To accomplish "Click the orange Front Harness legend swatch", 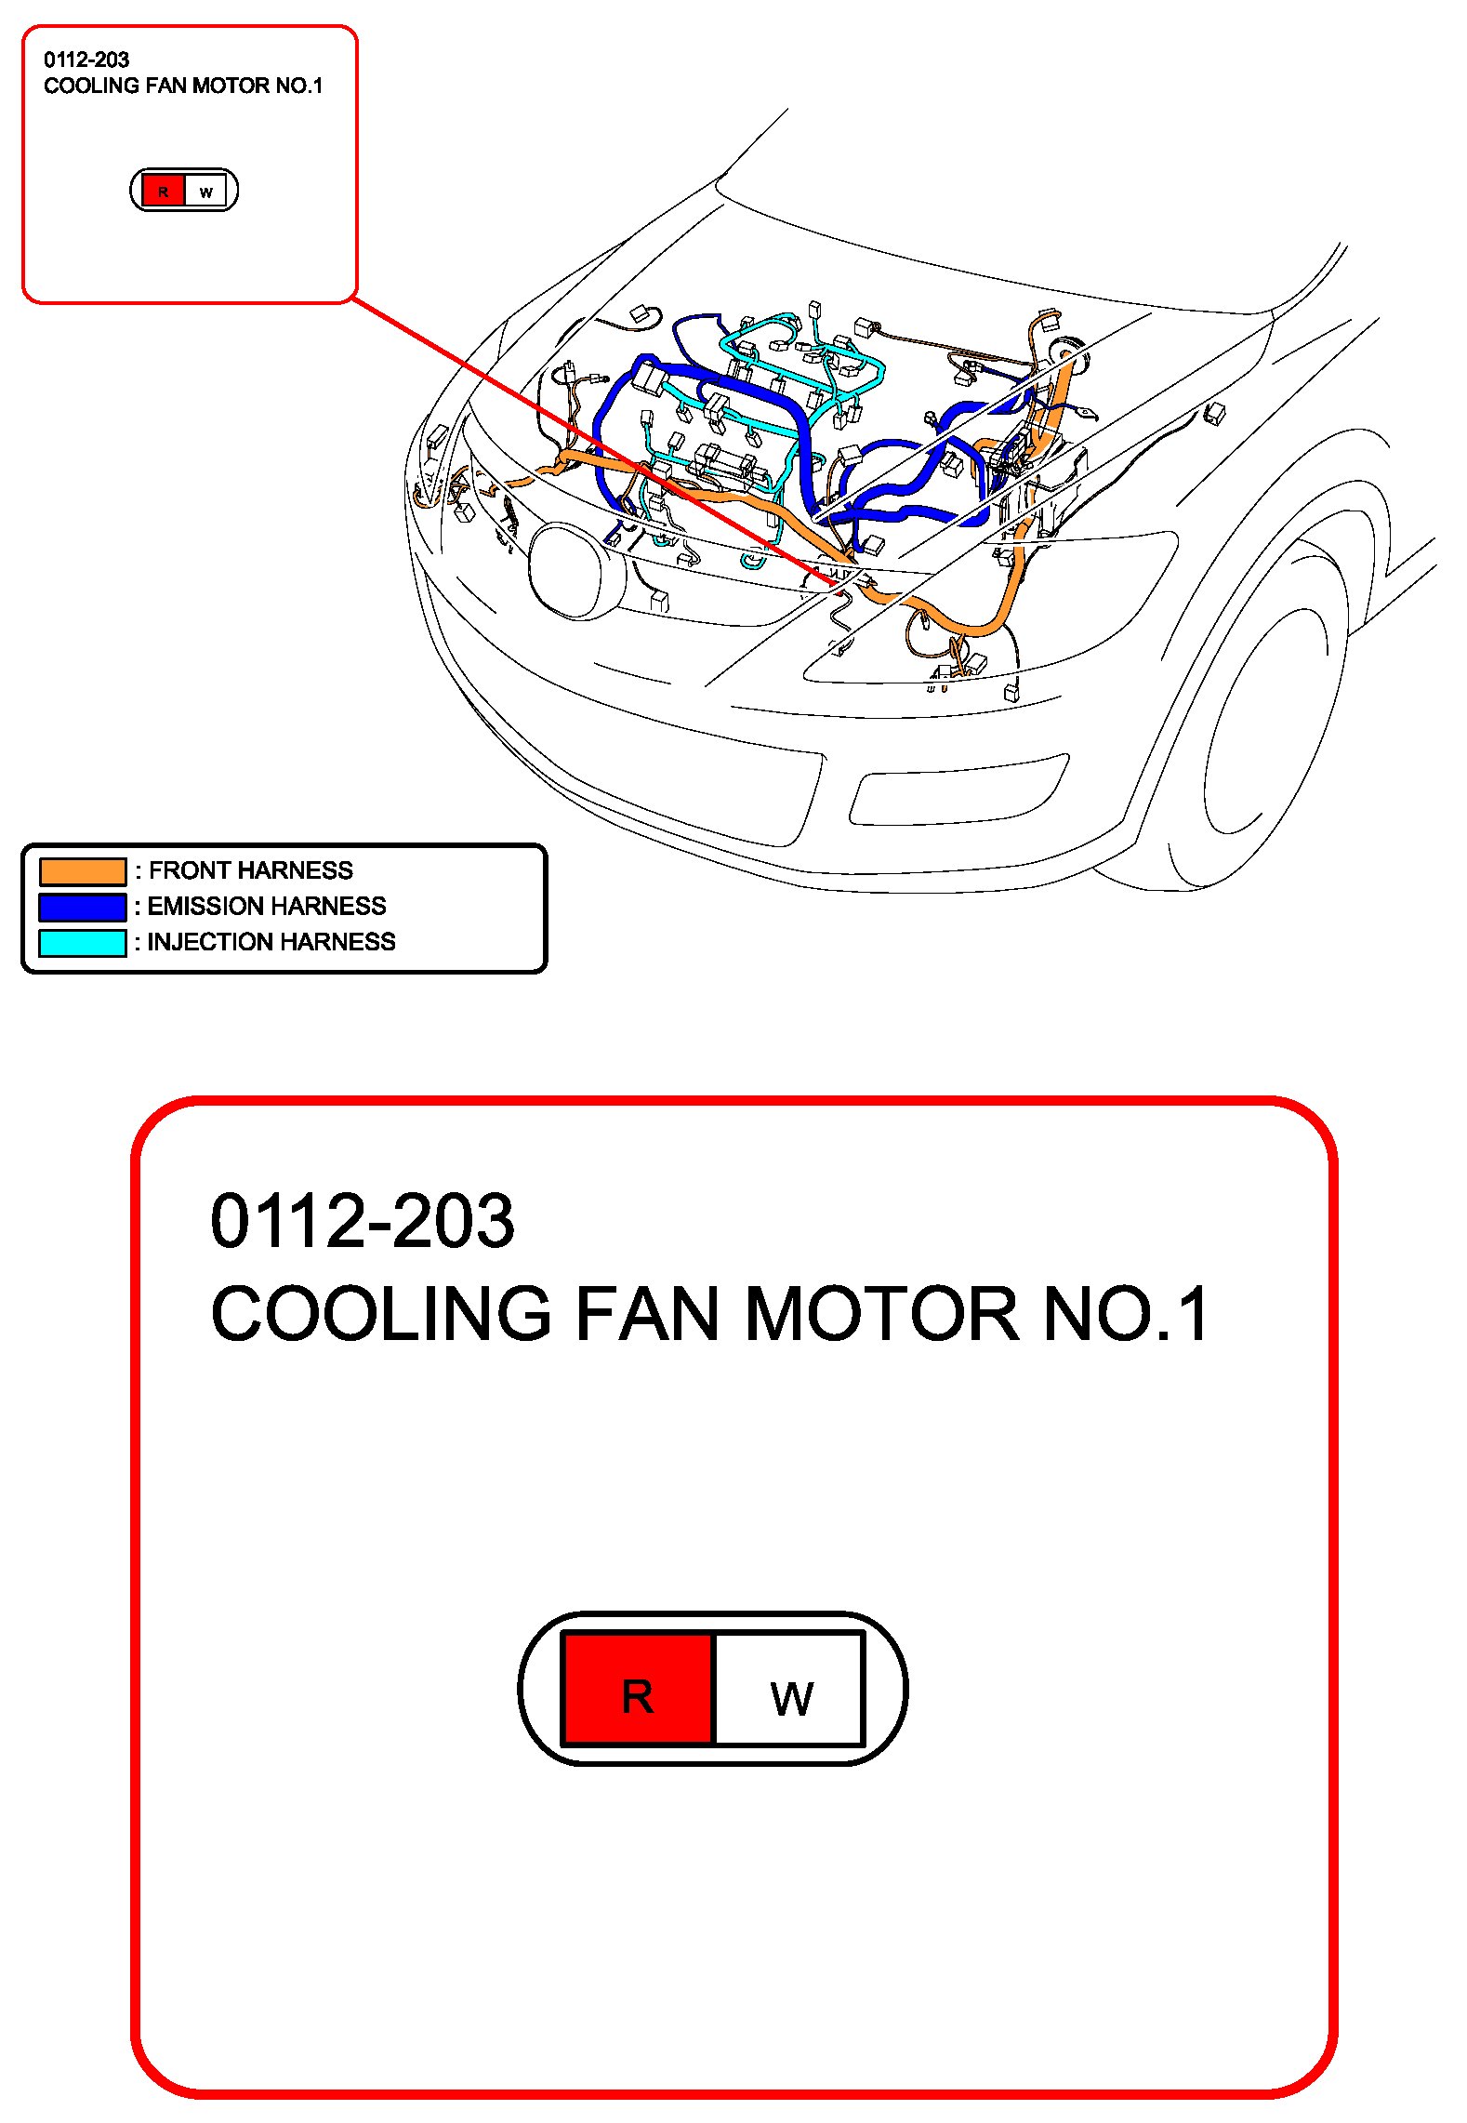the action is [x=83, y=870].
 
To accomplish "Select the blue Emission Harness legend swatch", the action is [x=83, y=907].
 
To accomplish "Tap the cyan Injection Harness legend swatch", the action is [x=83, y=942].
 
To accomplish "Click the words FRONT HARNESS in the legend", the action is [x=251, y=870].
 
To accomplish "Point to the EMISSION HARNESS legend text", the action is [x=267, y=906].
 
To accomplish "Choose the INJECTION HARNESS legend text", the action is [x=271, y=942].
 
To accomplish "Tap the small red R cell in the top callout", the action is [x=164, y=192].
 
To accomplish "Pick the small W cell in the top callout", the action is [x=206, y=192].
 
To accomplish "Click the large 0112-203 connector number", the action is [x=363, y=1220].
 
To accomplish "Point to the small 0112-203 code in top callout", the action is [x=86, y=60].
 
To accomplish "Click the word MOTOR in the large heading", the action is [x=881, y=1313].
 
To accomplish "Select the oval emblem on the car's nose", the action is [x=569, y=571].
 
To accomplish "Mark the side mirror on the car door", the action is [x=1213, y=412].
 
